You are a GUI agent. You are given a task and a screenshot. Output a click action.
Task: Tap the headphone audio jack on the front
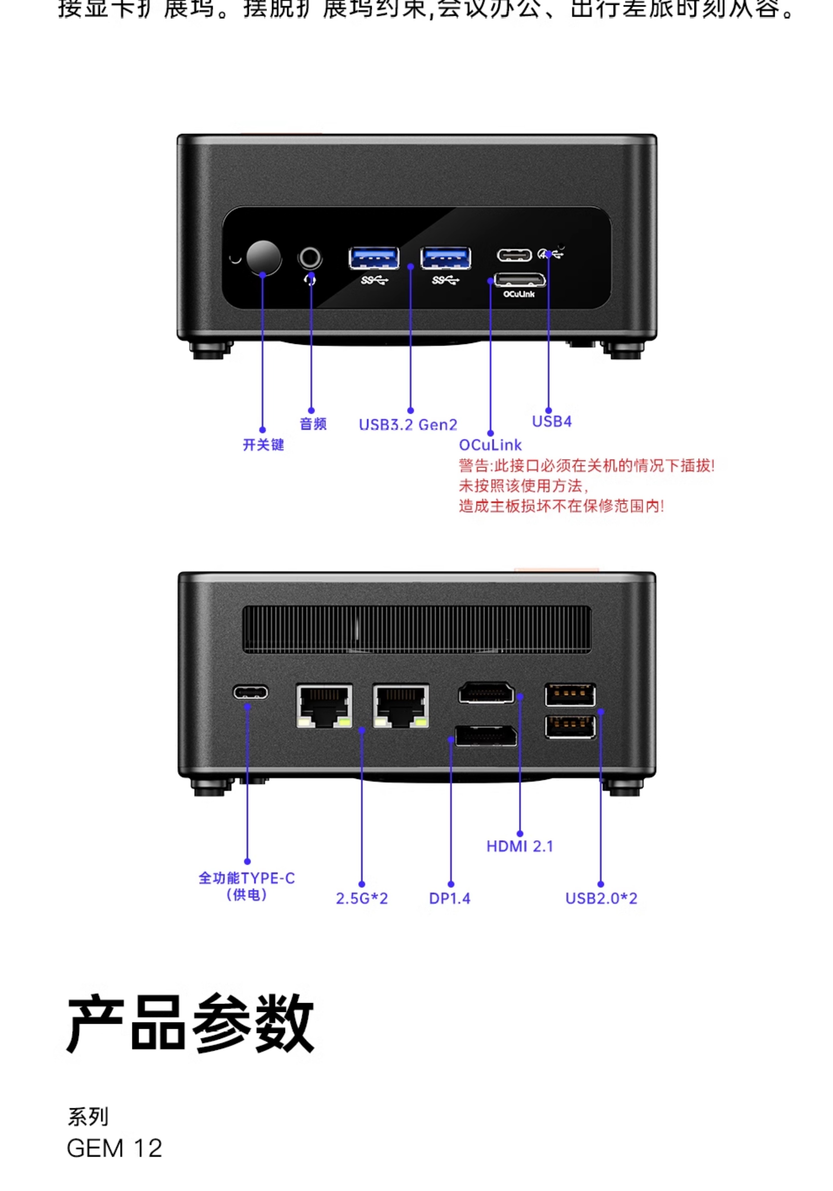310,257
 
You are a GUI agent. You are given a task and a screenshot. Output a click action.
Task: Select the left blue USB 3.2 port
374,258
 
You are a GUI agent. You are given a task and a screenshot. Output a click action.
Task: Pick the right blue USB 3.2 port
445,258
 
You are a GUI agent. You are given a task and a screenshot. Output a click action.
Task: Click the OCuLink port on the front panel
519,280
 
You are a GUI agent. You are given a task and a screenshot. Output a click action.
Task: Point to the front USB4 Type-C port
514,255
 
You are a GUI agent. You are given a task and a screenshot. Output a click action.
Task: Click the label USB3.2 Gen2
408,425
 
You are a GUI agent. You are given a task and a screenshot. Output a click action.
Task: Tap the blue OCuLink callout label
490,445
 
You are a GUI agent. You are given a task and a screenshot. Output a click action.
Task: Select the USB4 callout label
552,421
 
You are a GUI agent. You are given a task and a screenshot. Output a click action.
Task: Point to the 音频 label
313,424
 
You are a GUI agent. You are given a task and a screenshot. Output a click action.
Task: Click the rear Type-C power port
250,692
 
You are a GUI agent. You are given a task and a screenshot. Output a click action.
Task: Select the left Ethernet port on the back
324,705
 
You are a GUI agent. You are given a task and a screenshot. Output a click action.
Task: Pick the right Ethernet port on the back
401,705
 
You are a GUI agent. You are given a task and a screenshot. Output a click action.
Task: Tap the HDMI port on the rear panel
486,693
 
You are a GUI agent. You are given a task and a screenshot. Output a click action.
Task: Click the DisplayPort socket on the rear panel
486,736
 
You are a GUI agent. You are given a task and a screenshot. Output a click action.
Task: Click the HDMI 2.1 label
519,847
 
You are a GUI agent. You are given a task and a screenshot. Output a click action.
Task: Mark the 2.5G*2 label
362,898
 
